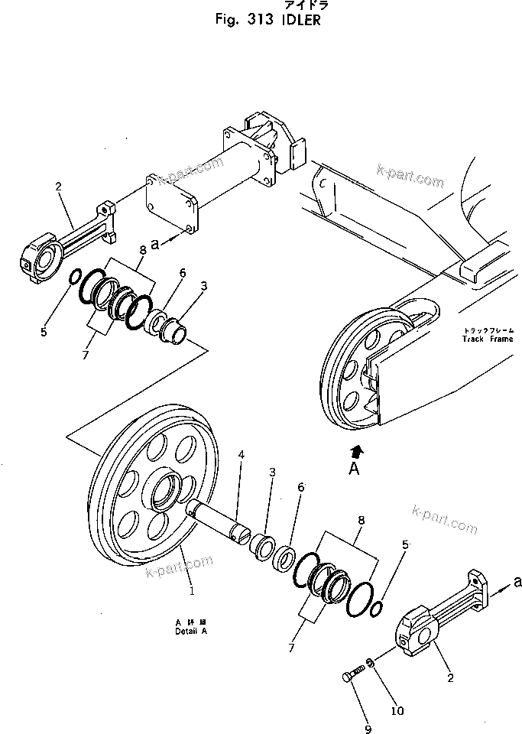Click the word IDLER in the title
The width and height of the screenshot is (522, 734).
click(299, 20)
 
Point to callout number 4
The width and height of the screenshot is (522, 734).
click(241, 455)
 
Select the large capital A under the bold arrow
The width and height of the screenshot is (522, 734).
click(354, 469)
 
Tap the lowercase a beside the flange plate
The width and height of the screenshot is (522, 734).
click(155, 245)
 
